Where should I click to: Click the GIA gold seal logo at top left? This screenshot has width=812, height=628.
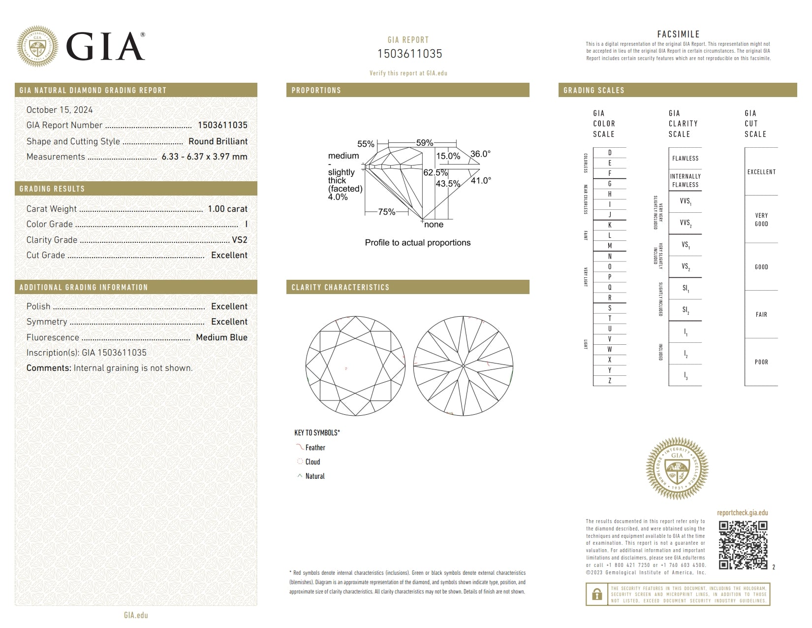click(37, 47)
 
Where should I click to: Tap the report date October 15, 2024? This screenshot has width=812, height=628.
click(60, 110)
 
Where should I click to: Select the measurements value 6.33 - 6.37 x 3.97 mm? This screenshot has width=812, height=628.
click(204, 157)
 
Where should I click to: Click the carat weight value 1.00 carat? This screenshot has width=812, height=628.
click(227, 209)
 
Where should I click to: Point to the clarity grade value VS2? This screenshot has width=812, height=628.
click(240, 240)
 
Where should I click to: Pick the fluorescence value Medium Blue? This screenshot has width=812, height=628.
click(221, 337)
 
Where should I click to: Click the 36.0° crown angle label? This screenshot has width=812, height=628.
click(480, 154)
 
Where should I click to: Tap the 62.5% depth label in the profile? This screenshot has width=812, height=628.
click(436, 173)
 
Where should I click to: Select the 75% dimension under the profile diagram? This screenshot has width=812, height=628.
click(386, 212)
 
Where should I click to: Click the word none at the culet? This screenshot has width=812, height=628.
click(434, 225)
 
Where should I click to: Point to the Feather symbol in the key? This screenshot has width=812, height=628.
click(299, 447)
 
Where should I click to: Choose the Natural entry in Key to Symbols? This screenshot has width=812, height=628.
click(314, 476)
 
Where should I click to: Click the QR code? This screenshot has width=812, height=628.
click(743, 545)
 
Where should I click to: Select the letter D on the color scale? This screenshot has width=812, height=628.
click(609, 153)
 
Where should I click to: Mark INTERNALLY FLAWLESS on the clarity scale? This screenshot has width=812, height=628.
click(685, 180)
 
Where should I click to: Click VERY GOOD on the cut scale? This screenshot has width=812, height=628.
click(761, 220)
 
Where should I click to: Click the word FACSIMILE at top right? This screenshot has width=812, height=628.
click(678, 34)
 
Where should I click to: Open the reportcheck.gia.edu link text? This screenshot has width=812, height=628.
click(742, 513)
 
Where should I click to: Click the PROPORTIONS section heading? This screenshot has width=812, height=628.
click(316, 90)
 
